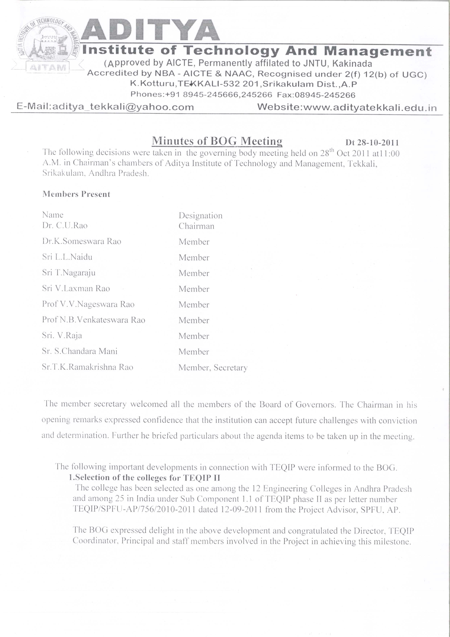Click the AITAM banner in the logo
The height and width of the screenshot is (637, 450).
48,67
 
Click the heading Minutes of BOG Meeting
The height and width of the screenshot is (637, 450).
217,141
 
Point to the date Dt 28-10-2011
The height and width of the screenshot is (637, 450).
372,143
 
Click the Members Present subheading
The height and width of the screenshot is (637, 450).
76,194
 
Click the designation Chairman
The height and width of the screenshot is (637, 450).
196,226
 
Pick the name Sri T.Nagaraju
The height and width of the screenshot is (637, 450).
69,273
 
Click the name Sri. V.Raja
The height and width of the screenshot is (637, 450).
62,336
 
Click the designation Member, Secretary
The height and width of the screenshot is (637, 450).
213,368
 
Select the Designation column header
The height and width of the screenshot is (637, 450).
200,216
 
